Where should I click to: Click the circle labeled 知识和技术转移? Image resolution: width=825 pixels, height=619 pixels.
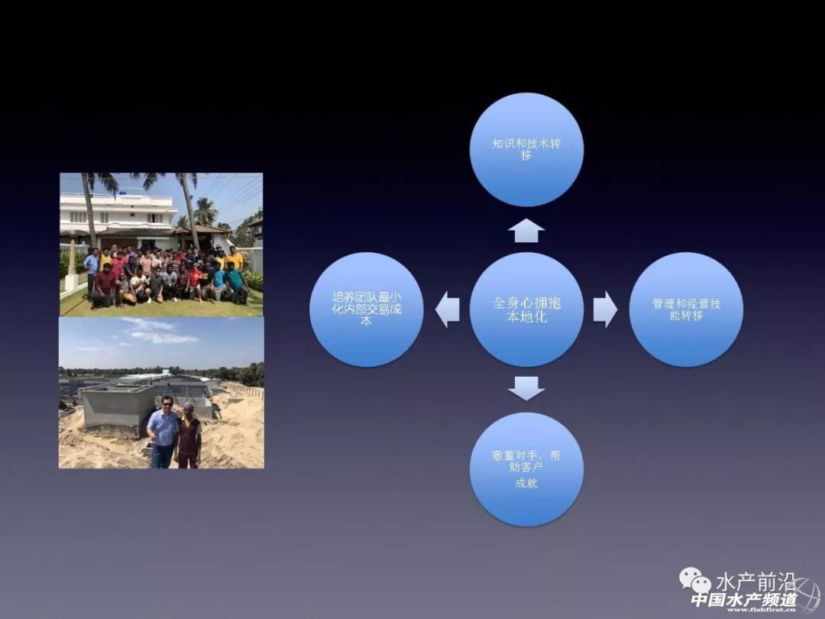[x=526, y=150]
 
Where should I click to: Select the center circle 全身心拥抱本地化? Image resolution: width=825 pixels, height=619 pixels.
[x=526, y=309]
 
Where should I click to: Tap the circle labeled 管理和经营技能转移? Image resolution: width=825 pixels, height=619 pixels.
[x=686, y=309]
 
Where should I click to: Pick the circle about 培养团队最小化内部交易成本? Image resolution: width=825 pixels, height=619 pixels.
[x=366, y=309]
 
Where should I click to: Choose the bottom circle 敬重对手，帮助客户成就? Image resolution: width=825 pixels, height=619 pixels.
[x=526, y=469]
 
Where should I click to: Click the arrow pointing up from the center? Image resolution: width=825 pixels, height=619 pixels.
[x=526, y=231]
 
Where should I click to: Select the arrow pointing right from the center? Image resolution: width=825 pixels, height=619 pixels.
[x=605, y=309]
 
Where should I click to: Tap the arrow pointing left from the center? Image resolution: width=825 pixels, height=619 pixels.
[x=447, y=309]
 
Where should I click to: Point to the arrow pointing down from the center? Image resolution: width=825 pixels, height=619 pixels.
[x=526, y=388]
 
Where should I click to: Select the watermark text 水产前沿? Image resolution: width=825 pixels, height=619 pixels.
[x=755, y=582]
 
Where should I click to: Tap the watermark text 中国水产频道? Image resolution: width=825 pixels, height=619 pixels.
[x=743, y=600]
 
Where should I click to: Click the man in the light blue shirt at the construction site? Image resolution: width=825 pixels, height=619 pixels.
[x=163, y=433]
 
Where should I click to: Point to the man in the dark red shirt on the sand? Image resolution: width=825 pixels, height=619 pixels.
[x=189, y=436]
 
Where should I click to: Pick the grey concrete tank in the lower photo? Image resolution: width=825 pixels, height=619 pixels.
[x=117, y=410]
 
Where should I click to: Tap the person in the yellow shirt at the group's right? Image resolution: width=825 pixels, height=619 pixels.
[x=235, y=260]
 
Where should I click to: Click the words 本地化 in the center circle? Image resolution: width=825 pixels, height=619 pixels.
[x=526, y=317]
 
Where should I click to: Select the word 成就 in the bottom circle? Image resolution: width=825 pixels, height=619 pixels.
[x=526, y=483]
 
